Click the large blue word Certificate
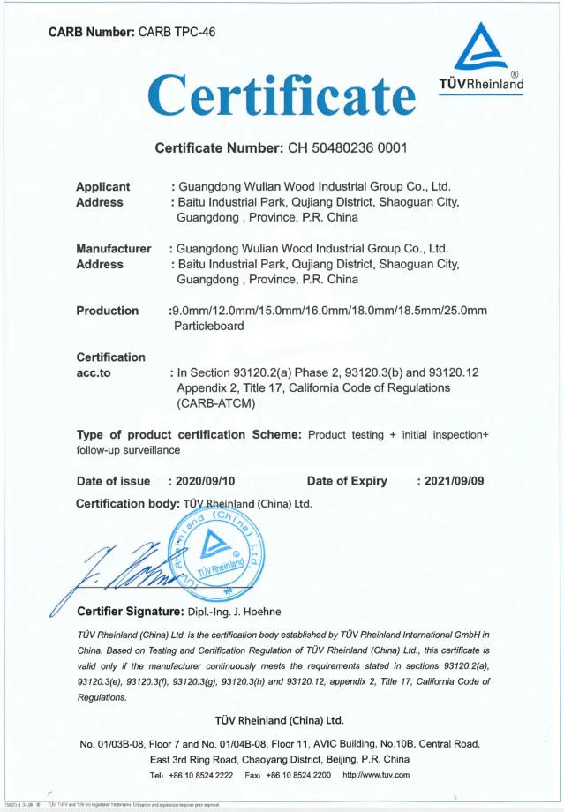click(x=281, y=92)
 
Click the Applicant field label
click(x=102, y=186)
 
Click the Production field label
click(x=107, y=311)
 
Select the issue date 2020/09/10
click(x=207, y=481)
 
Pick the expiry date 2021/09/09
click(x=453, y=481)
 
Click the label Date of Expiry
click(x=347, y=481)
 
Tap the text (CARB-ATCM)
click(x=216, y=403)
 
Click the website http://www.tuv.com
click(x=375, y=775)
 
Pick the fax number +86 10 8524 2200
click(x=297, y=775)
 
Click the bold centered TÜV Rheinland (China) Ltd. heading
click(x=280, y=719)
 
